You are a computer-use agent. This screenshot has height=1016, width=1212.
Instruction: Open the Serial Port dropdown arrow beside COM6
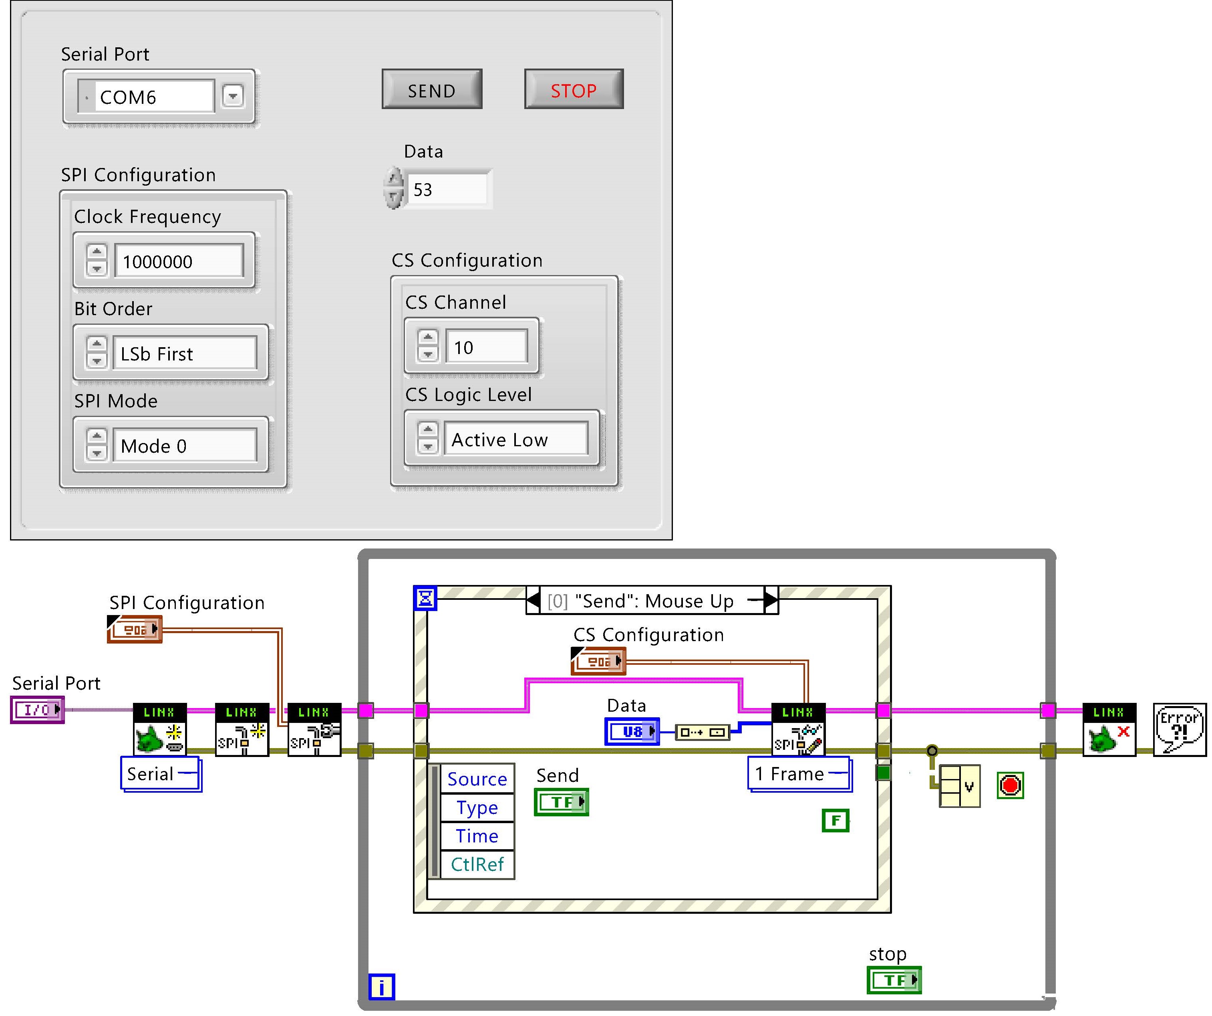(233, 96)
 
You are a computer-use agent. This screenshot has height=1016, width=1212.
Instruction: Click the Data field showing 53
(447, 190)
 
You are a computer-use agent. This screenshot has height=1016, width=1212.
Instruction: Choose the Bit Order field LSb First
(183, 354)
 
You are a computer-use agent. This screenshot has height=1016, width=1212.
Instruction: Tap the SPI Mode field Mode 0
(183, 446)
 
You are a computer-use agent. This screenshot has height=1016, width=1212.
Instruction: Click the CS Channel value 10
(486, 347)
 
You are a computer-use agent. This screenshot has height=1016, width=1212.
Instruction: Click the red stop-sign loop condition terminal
(1010, 785)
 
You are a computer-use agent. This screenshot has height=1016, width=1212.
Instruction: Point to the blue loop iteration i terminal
(381, 987)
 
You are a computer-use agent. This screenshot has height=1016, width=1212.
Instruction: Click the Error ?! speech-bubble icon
(1179, 729)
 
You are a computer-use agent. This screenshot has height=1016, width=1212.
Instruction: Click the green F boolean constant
(835, 820)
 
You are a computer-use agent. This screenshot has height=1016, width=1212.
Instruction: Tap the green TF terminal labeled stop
(894, 980)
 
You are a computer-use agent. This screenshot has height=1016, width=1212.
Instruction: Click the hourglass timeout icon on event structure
(425, 598)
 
